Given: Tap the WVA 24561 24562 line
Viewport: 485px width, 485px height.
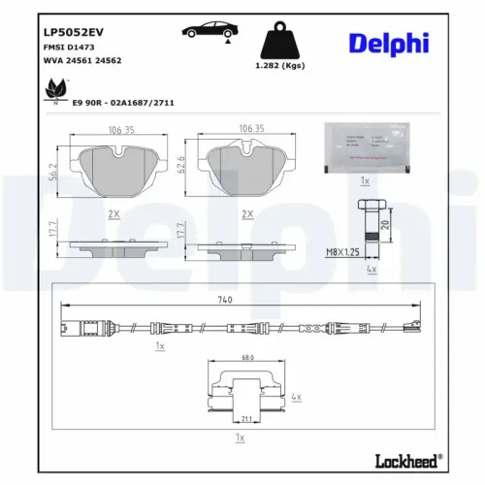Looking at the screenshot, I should (x=81, y=60).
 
